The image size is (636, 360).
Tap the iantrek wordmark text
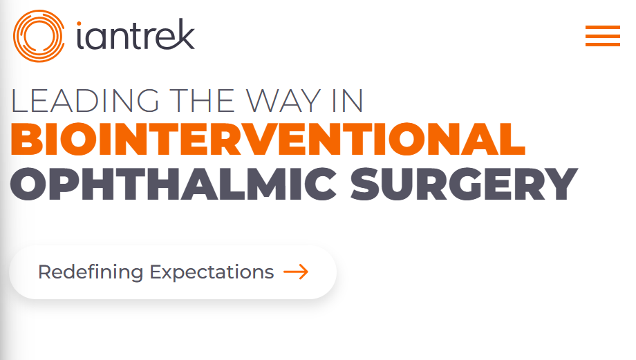(136, 35)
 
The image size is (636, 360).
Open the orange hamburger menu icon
(602, 36)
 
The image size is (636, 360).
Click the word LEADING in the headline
(85, 101)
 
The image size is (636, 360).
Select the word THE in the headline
(202, 101)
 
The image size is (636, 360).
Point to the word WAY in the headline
(283, 101)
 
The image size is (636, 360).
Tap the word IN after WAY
(348, 101)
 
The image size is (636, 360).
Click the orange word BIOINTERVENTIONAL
(268, 139)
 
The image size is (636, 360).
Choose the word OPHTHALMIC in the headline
(174, 184)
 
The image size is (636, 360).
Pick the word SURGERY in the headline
(464, 184)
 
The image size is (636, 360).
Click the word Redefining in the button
(91, 272)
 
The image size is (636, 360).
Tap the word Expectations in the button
(212, 272)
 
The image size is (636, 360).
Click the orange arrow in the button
(296, 272)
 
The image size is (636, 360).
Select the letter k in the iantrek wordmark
(185, 34)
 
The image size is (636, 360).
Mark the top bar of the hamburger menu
(602, 27)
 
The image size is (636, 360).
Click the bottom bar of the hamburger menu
(602, 44)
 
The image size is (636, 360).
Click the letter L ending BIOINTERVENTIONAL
(513, 139)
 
